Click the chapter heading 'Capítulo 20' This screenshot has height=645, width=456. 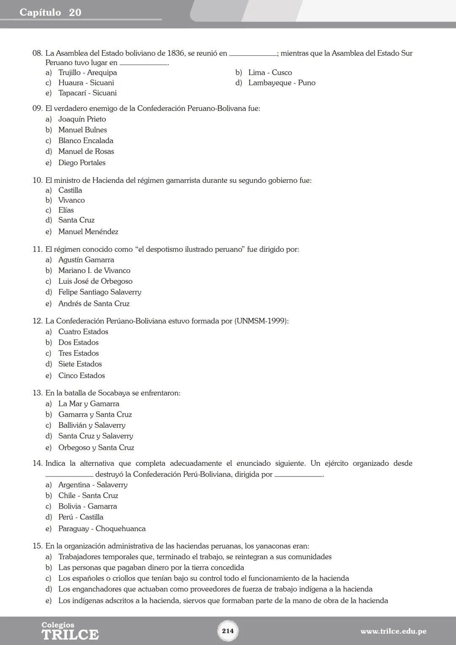point(50,12)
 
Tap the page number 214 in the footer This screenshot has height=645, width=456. point(228,631)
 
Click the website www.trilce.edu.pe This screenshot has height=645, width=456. point(393,631)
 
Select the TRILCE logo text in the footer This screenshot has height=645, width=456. point(70,634)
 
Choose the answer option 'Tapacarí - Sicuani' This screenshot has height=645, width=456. point(87,93)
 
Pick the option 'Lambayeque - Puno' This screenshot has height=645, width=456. point(282,83)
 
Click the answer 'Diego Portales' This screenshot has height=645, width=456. point(82,163)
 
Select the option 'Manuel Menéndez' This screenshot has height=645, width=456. point(88,231)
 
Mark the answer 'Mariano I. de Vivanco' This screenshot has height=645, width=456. point(94,270)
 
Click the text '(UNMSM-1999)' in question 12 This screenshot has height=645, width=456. point(261,321)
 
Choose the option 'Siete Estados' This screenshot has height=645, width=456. point(80,364)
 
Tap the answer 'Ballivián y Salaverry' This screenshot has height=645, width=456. point(92,425)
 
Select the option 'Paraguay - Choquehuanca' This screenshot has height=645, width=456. point(102,529)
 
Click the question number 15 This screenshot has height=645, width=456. point(38,546)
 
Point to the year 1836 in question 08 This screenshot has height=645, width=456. point(176,53)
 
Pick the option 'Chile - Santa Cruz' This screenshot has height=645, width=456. point(88,495)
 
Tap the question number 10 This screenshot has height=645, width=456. point(38,180)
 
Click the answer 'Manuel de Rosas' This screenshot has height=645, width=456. point(86,151)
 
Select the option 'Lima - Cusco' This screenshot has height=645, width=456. point(270,73)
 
